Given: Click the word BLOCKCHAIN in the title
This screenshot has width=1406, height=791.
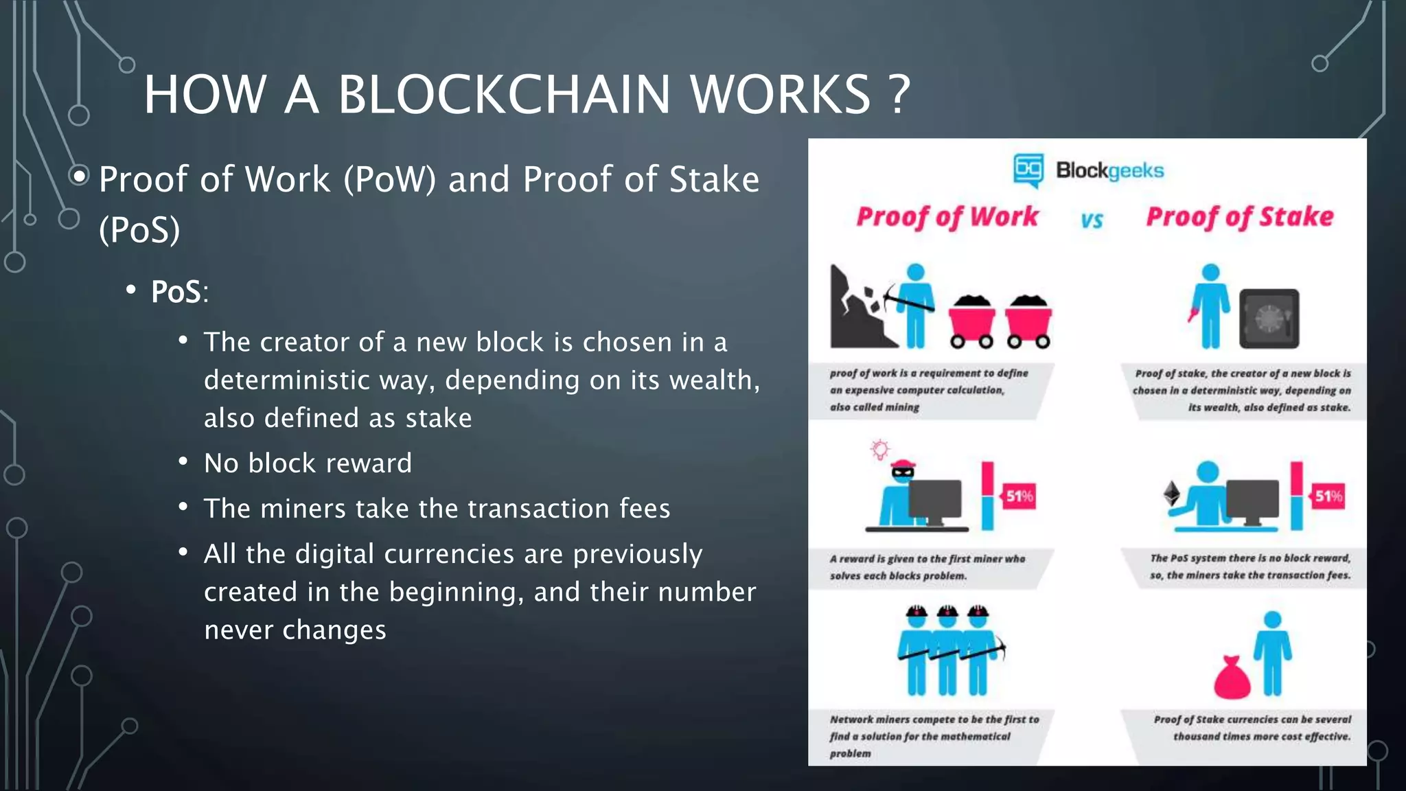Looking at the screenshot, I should [503, 94].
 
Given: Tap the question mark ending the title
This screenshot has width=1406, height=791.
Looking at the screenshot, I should [898, 94].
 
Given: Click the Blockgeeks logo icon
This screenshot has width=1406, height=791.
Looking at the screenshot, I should [1028, 170].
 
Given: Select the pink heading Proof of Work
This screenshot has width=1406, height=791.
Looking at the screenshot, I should [947, 217].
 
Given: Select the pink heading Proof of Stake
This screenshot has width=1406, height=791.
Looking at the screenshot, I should [1239, 217].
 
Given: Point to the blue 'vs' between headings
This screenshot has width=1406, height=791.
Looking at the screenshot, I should [1092, 220].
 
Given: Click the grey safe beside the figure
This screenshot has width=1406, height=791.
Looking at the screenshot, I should [1269, 319].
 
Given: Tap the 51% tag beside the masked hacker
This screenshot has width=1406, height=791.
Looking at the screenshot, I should [1019, 496].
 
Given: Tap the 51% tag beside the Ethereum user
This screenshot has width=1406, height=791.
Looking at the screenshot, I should [1328, 496].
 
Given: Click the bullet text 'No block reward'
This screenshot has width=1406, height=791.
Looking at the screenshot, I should [308, 463].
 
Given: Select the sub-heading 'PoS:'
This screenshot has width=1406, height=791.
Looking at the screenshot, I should [178, 292].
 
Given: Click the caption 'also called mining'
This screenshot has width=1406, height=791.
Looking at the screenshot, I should [874, 407].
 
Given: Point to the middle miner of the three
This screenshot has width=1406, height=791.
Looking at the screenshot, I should [947, 652].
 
